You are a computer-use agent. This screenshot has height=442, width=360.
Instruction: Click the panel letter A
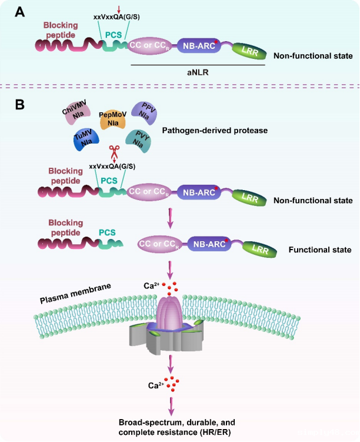19,12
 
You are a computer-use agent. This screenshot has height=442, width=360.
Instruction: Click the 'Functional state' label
320,250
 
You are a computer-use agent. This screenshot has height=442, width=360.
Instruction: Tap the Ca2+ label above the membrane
152,286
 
